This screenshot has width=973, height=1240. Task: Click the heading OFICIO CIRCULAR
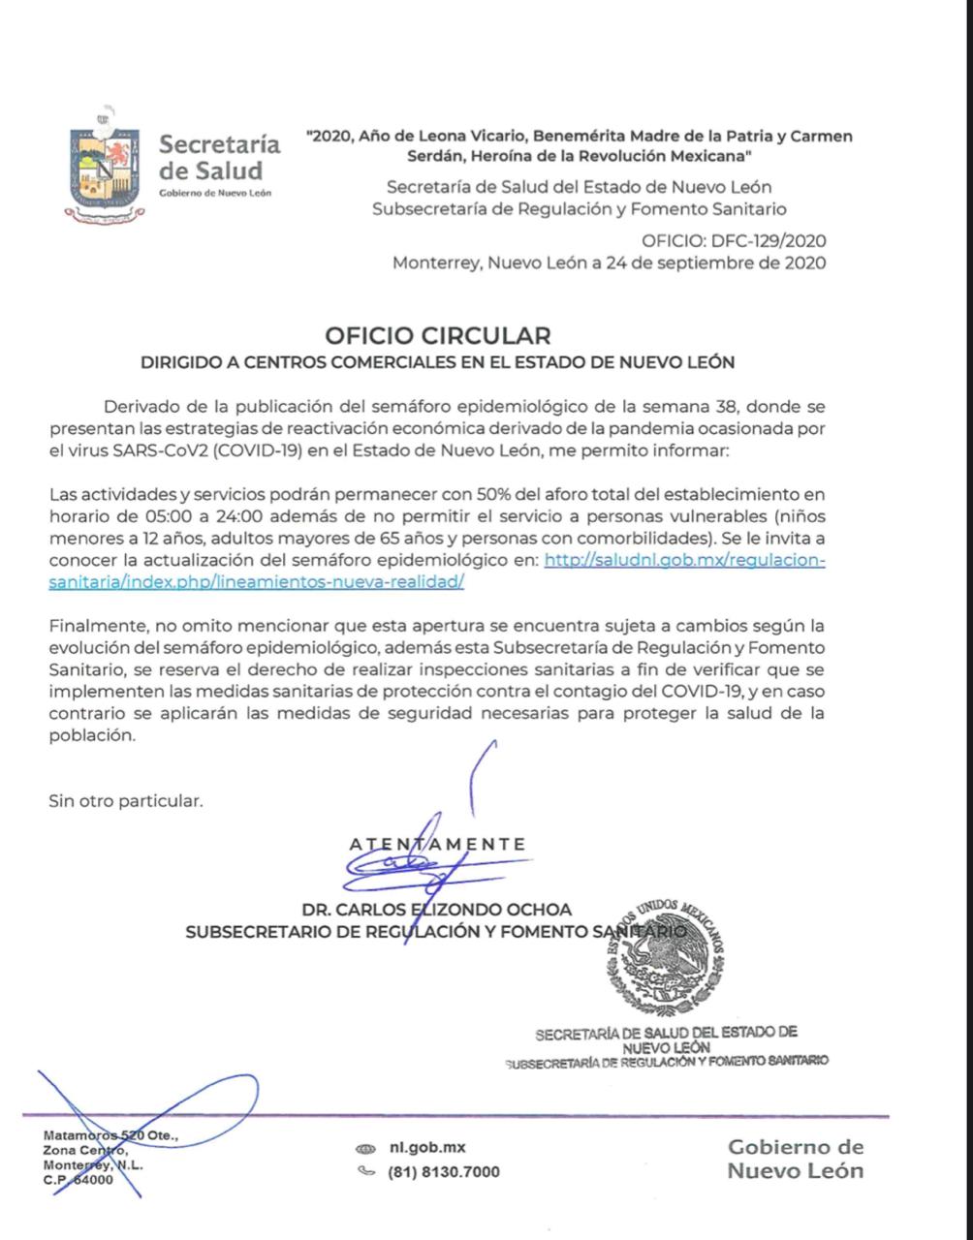(x=438, y=335)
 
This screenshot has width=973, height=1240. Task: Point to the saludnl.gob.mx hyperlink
(x=684, y=559)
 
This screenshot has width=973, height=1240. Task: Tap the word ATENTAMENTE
(x=438, y=844)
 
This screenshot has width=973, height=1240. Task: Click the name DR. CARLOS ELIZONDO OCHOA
(x=436, y=910)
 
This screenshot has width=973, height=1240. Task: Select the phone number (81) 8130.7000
(x=444, y=1172)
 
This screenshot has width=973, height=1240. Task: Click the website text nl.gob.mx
(x=426, y=1147)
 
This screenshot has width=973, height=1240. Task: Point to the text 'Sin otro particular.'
(x=126, y=801)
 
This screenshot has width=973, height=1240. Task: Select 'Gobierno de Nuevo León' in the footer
(x=795, y=1159)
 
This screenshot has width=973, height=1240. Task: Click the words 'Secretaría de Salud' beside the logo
(x=219, y=157)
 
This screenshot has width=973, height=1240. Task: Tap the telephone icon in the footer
(x=365, y=1171)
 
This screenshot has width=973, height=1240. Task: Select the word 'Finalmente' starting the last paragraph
(x=92, y=626)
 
